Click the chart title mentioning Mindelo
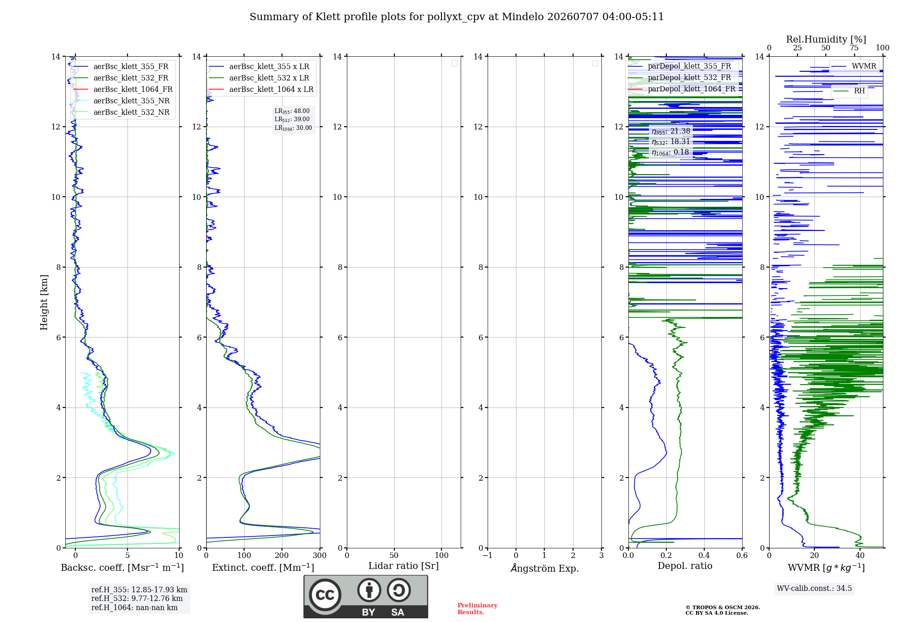point(457,17)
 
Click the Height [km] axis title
point(44,302)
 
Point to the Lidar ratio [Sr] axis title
point(404,566)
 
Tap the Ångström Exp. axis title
point(545,568)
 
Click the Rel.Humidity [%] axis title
point(826,39)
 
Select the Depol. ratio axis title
point(685,566)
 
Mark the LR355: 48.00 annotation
point(292,111)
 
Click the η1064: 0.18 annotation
point(670,152)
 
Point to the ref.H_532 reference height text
point(137,598)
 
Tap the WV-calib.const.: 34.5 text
point(814,588)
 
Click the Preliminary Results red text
point(478,609)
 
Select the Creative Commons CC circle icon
point(325,595)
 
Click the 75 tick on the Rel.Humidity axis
point(854,48)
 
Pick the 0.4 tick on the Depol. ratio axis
point(704,555)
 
